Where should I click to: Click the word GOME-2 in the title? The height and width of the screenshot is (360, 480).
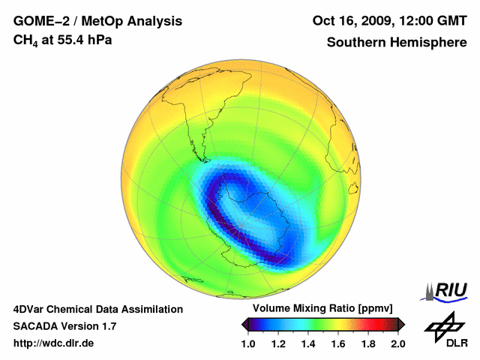(38, 21)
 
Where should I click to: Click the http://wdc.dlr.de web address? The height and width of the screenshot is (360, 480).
(54, 343)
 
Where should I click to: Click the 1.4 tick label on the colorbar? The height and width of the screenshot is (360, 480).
(307, 343)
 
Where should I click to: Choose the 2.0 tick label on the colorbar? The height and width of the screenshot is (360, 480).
(397, 343)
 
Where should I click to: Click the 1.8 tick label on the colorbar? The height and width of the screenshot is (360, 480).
(367, 343)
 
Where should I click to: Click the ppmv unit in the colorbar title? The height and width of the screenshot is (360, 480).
(376, 309)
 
